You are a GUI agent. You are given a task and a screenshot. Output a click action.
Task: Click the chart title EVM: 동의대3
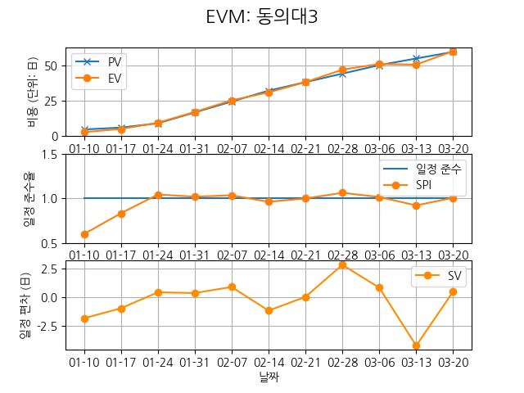point(262,17)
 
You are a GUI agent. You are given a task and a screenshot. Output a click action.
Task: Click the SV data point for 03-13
point(416,346)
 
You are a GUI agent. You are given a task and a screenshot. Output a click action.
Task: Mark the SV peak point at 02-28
point(342,264)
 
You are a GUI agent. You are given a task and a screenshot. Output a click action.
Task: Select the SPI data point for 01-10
point(84,234)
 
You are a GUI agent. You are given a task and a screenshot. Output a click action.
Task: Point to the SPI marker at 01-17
point(121,214)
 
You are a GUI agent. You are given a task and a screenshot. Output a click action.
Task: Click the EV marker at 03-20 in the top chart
point(453,52)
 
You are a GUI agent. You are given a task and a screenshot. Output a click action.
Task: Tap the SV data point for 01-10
point(84,318)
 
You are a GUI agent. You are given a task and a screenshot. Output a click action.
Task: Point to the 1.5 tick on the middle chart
point(53,154)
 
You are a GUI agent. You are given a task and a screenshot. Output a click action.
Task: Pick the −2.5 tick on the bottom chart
point(48,326)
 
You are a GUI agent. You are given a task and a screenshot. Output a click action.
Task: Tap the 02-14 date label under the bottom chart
point(269,361)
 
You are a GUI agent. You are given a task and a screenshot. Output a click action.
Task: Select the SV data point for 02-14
point(269,310)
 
